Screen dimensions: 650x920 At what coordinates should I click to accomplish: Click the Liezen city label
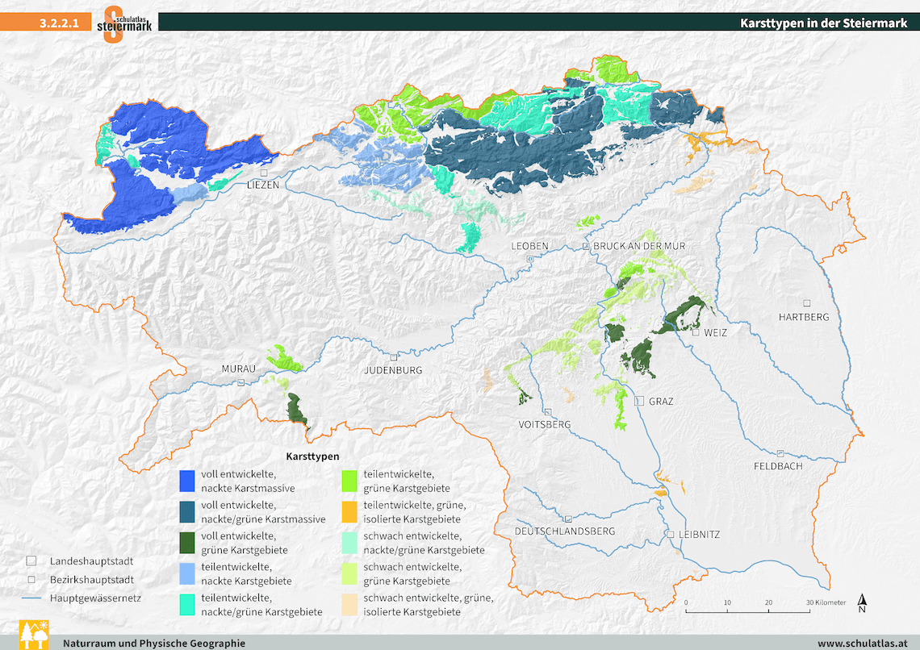[x=263, y=185]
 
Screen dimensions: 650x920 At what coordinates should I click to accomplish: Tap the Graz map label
[x=660, y=401]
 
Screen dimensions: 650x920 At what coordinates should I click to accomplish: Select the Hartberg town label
[x=803, y=317]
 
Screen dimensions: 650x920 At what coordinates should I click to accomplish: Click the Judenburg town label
[x=393, y=370]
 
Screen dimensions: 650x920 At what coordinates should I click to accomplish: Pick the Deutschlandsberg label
[x=565, y=531]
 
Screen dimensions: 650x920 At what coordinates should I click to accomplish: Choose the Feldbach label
[x=778, y=466]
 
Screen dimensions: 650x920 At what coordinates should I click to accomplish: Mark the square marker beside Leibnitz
[x=670, y=535]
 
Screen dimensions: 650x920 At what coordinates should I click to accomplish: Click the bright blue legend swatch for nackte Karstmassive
[x=188, y=481]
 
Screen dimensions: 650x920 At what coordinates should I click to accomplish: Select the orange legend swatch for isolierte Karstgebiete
[x=349, y=511]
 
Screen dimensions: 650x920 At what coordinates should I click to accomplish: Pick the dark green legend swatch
[x=188, y=542]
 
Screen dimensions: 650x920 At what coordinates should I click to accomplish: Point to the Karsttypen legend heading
[x=312, y=456]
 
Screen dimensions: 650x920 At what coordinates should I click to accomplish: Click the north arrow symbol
[x=862, y=602]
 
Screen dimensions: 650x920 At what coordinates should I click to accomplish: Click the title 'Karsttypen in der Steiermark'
[x=823, y=23]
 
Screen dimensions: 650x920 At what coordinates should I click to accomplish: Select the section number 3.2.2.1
[x=58, y=23]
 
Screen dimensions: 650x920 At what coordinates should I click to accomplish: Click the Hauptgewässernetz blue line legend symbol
[x=31, y=598]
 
